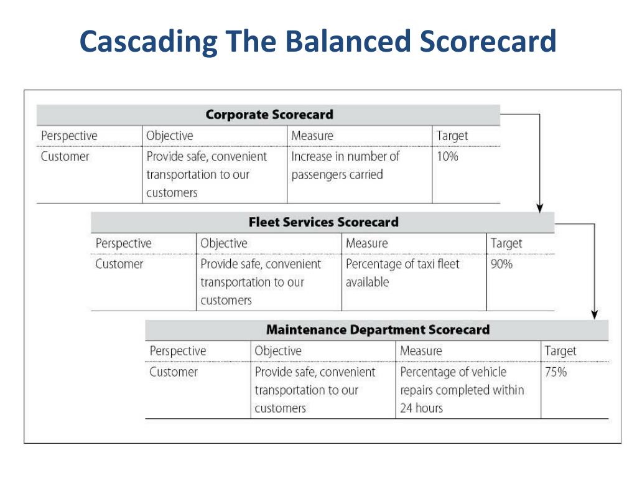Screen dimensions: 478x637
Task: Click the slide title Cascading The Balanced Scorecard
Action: click(318, 42)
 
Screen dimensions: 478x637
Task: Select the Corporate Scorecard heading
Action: click(269, 115)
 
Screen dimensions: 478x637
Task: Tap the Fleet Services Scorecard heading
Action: click(323, 222)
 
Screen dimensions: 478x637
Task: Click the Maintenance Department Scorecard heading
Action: click(378, 330)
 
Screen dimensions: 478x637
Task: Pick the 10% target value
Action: click(447, 156)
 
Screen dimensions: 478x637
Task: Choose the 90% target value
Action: click(501, 264)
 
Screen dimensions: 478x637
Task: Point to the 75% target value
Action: click(556, 372)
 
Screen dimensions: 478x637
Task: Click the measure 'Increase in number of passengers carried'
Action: click(345, 166)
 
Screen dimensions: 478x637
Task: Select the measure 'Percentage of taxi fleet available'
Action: click(402, 273)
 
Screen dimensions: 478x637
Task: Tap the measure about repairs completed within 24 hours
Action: click(462, 390)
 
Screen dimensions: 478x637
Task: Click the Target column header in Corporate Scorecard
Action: click(452, 136)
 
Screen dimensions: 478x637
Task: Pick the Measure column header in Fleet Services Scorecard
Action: click(366, 243)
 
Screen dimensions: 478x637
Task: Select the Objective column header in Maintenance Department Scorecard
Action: click(277, 351)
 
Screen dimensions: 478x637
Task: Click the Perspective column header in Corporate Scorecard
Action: click(69, 136)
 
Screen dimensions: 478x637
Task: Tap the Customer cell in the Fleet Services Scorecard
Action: click(119, 264)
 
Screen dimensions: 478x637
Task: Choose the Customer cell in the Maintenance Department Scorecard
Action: click(174, 372)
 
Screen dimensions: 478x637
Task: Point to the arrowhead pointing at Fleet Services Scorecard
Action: click(540, 207)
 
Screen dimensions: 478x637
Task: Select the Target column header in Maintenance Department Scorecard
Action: click(560, 351)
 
